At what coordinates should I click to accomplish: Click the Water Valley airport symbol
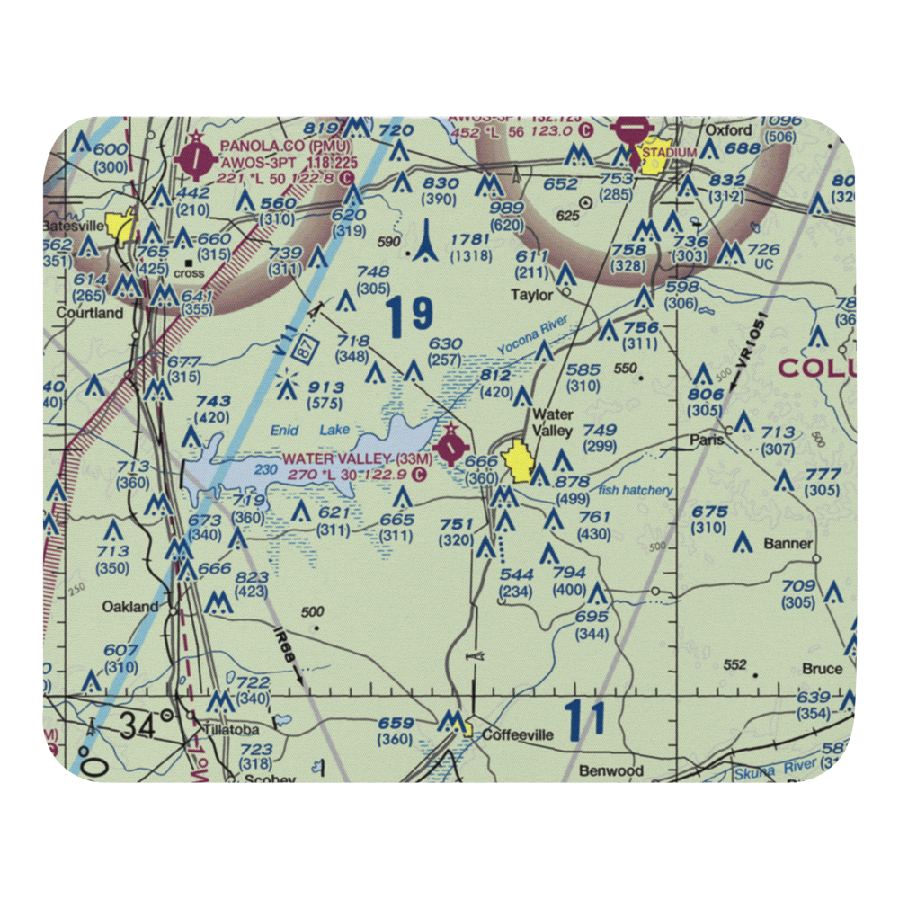tap(449, 444)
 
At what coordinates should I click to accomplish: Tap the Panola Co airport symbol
tap(195, 161)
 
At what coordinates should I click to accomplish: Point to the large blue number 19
tap(410, 316)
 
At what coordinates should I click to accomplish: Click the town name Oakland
tap(130, 607)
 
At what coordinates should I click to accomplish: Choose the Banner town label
tap(788, 543)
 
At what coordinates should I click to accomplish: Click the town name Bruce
tap(822, 668)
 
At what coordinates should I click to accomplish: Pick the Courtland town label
tap(90, 313)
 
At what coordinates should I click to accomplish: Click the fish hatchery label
tap(636, 490)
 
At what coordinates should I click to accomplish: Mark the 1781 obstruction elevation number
tap(470, 238)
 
